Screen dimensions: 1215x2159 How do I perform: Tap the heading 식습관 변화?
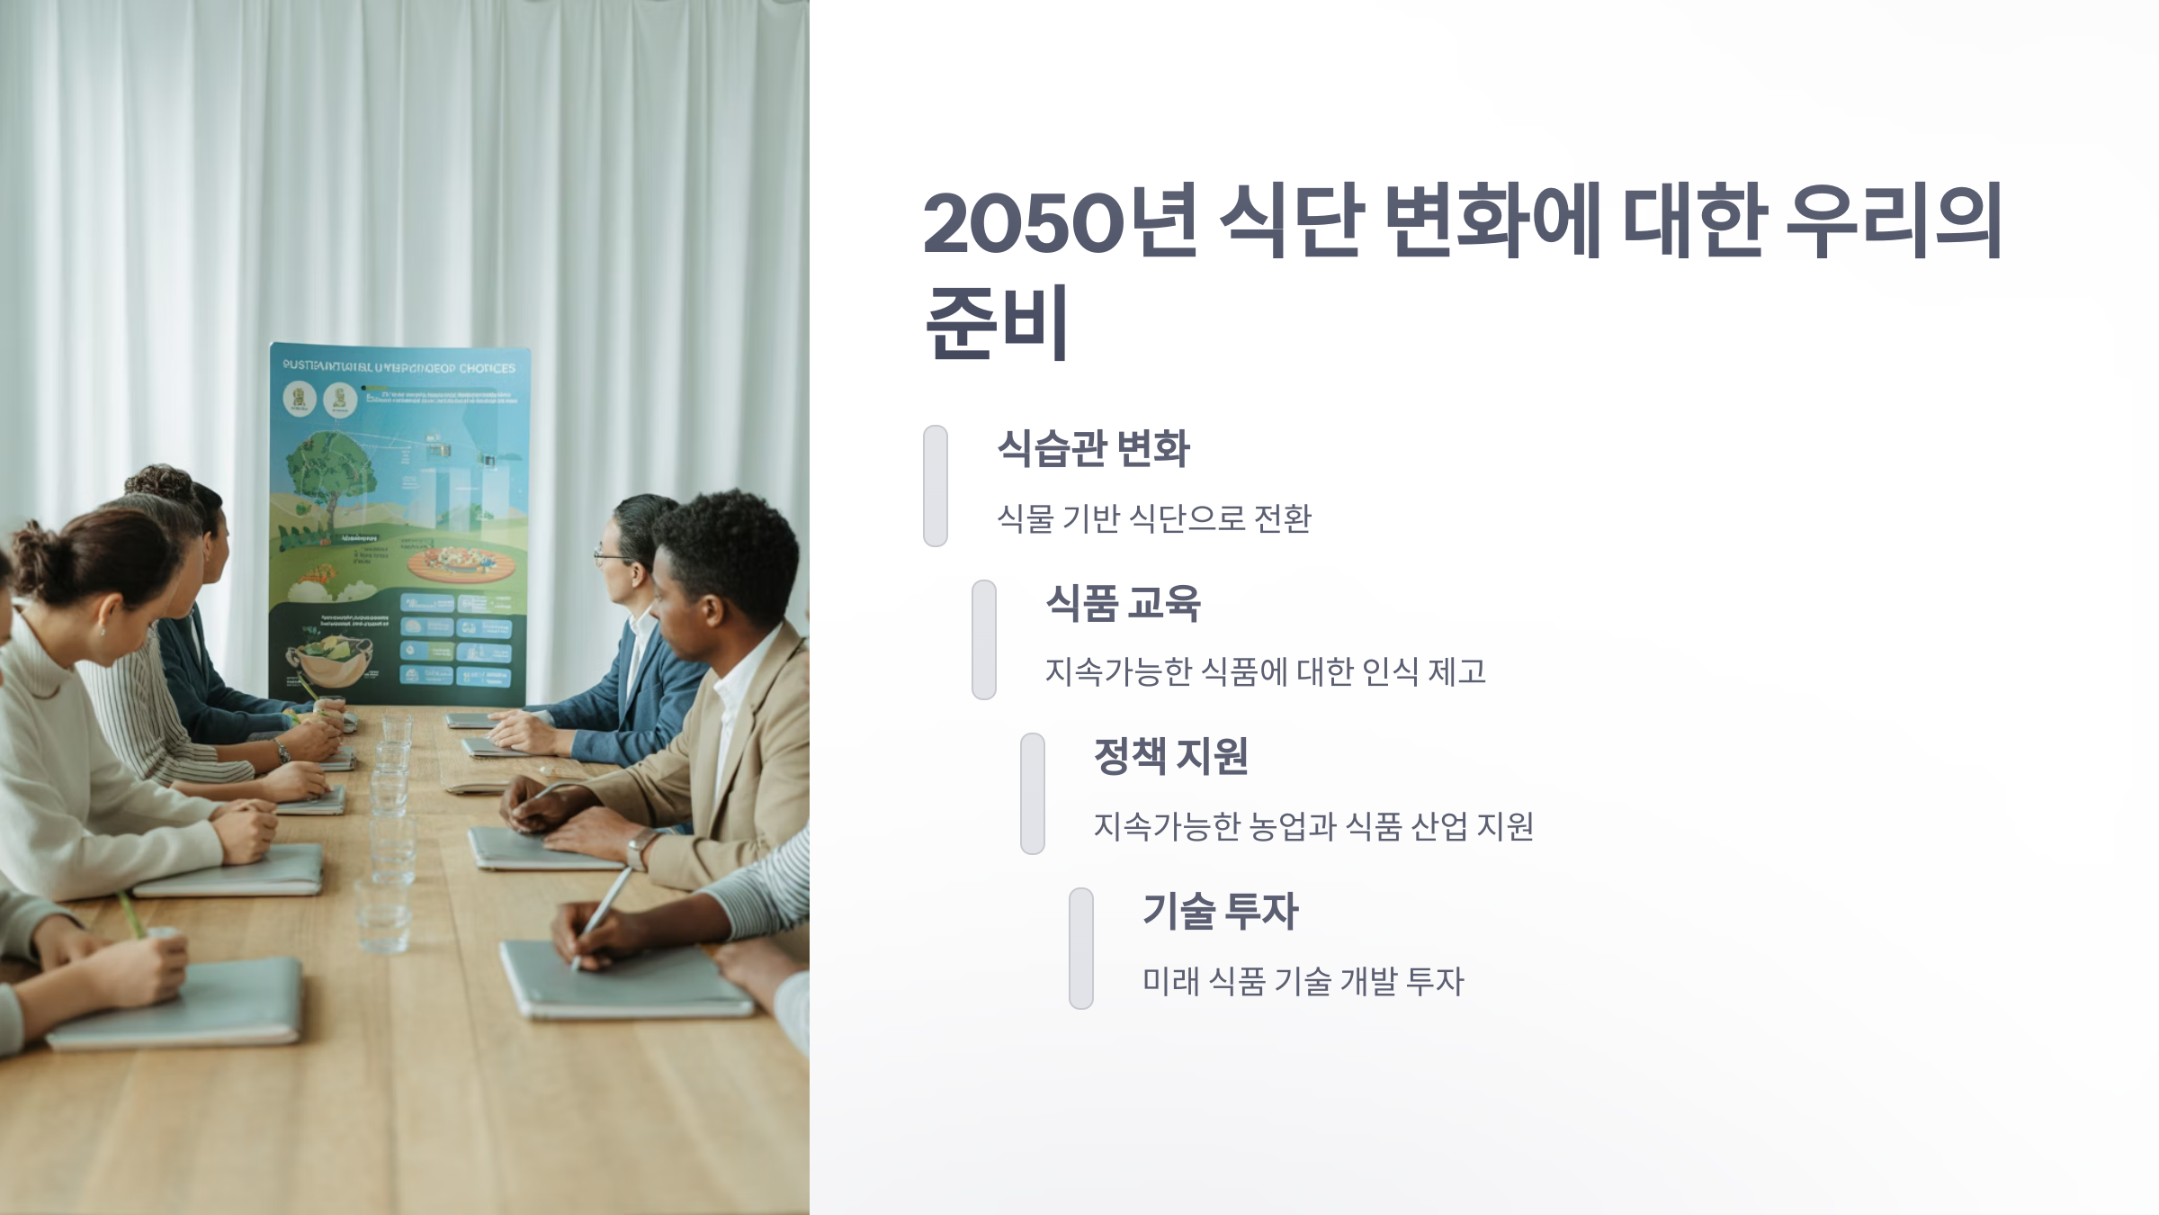pyautogui.click(x=1093, y=448)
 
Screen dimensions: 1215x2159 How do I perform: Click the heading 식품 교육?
pyautogui.click(x=1123, y=603)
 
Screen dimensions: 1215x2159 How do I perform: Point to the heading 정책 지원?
pyautogui.click(x=1170, y=756)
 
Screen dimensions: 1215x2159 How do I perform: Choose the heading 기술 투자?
pyautogui.click(x=1220, y=911)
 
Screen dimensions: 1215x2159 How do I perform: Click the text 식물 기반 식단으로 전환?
pyautogui.click(x=1154, y=518)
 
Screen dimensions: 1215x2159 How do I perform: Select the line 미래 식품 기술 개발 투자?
pyautogui.click(x=1303, y=981)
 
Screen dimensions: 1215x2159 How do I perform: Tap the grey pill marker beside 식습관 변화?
pyautogui.click(x=936, y=486)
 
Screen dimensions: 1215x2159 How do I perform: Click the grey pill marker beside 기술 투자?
pyautogui.click(x=1081, y=949)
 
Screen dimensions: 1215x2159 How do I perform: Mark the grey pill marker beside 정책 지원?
pyautogui.click(x=1033, y=794)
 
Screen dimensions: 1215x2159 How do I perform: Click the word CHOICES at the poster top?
pyautogui.click(x=487, y=368)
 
